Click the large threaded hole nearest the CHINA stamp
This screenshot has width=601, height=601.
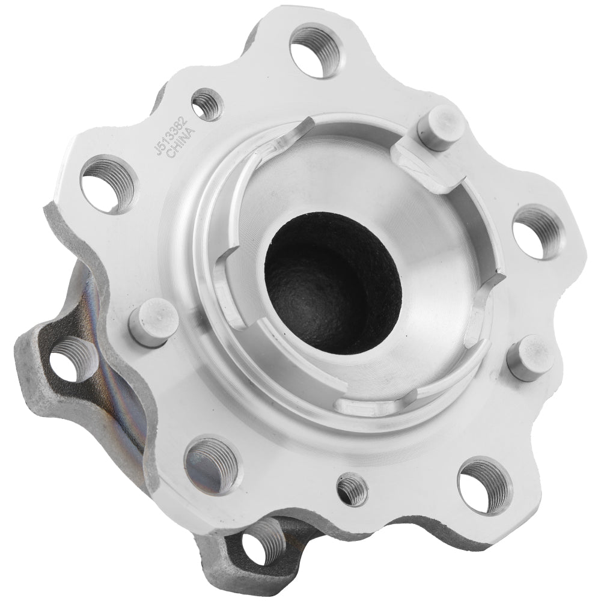(109, 184)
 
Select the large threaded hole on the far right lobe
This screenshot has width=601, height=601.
(538, 232)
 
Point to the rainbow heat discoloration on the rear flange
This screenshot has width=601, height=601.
(120, 361)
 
